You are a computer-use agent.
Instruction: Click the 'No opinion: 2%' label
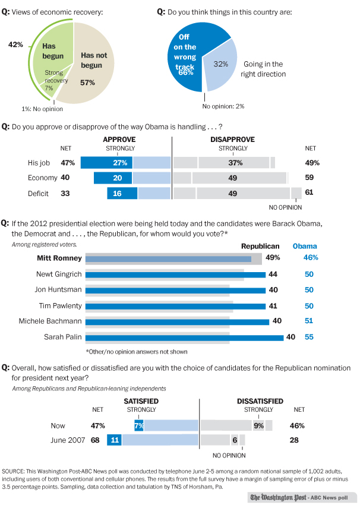point(223,106)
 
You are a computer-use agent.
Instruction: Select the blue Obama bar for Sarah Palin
point(185,337)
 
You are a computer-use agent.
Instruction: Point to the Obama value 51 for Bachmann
point(310,321)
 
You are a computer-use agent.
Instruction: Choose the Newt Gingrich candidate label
point(56,274)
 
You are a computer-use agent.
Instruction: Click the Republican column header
point(260,245)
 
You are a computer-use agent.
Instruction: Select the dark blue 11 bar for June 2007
point(114,440)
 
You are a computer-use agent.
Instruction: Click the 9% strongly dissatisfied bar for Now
point(259,425)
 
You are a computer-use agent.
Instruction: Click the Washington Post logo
point(277,498)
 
